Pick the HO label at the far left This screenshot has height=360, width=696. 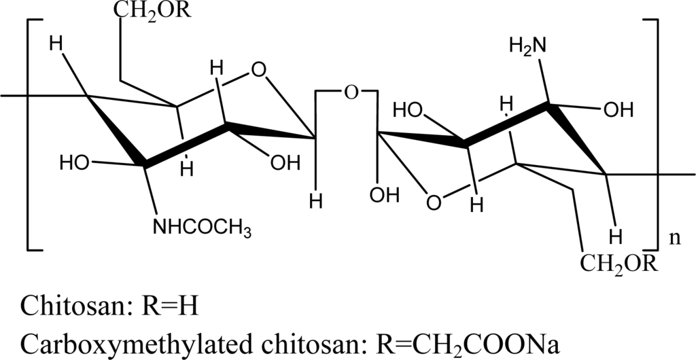point(74,163)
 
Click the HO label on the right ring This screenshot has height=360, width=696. point(410,109)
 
